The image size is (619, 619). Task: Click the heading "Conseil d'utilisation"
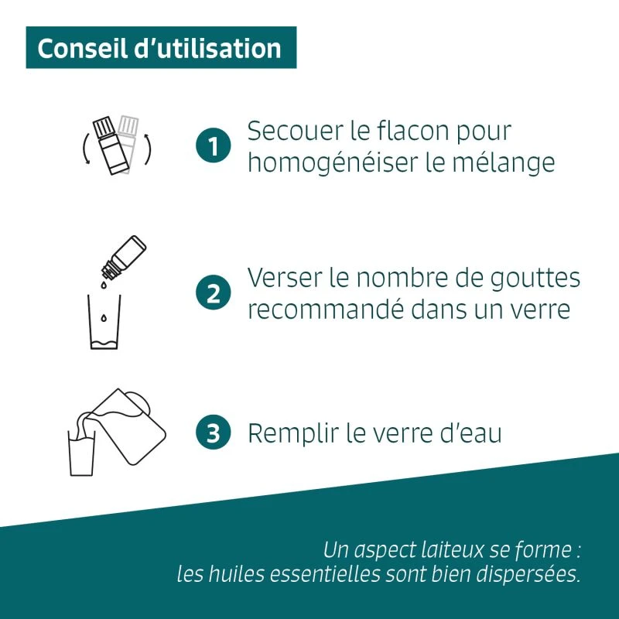coord(159,48)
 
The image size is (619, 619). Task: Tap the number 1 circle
coord(214,146)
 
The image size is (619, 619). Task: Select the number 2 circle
coord(214,294)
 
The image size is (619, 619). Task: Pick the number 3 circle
coord(214,433)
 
